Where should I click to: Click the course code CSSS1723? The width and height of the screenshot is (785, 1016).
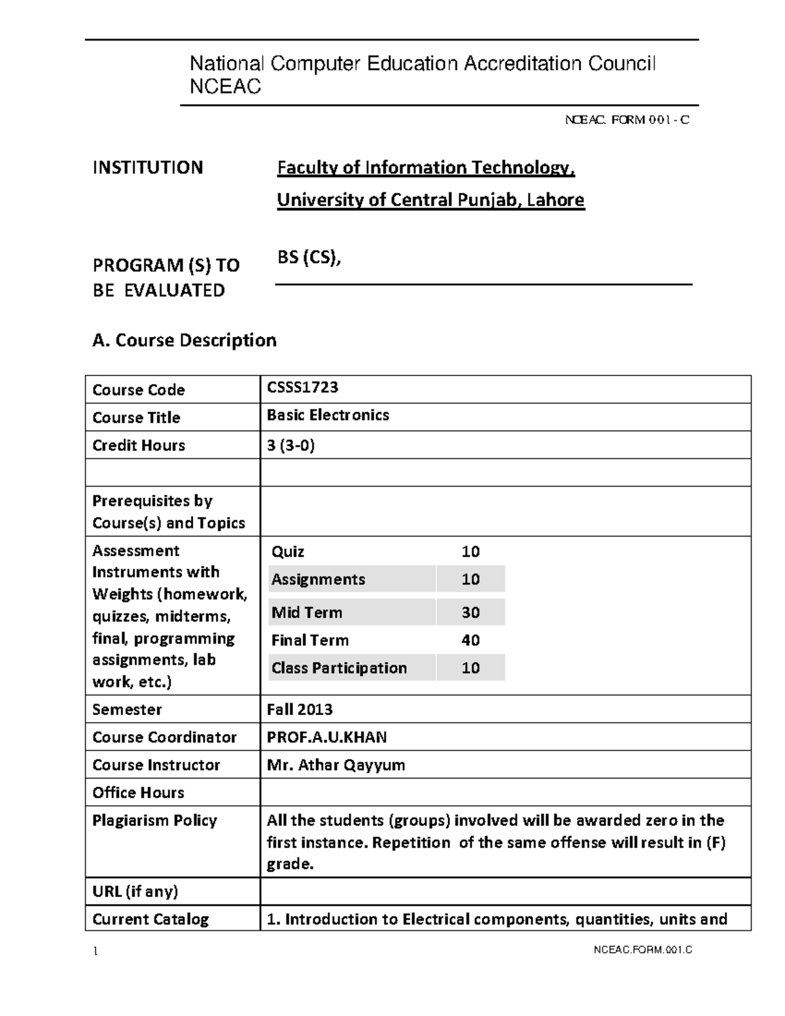pos(302,387)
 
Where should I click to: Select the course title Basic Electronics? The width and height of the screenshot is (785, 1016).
pos(328,415)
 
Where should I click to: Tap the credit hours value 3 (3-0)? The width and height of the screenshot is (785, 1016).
pos(290,446)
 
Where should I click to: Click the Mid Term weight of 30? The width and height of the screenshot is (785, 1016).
pos(470,612)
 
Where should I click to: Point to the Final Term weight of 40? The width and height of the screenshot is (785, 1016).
pos(470,640)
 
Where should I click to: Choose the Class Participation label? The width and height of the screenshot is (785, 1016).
pos(339,668)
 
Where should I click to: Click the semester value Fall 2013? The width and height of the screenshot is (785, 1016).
pos(300,709)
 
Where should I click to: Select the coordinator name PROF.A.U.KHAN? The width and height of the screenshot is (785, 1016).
pos(326,737)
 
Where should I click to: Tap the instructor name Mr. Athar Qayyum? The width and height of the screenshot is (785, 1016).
pos(336,765)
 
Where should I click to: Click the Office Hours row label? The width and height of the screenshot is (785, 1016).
pos(138,793)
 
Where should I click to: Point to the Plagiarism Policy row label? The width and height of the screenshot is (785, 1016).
pos(154,820)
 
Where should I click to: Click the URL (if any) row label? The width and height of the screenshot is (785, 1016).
pos(135,892)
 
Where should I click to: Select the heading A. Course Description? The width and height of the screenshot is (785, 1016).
pos(184,340)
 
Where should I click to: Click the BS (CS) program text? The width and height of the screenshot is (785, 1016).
pos(309,258)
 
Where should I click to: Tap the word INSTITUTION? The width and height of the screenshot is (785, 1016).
pos(148,167)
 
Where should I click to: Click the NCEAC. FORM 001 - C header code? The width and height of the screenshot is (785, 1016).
pos(627,120)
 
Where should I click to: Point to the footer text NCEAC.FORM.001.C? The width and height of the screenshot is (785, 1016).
pos(642,951)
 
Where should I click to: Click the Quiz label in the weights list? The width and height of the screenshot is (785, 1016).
pos(288,552)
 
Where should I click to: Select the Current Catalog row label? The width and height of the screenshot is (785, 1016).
pos(150,919)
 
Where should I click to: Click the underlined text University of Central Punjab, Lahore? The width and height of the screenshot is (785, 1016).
pos(430,200)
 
